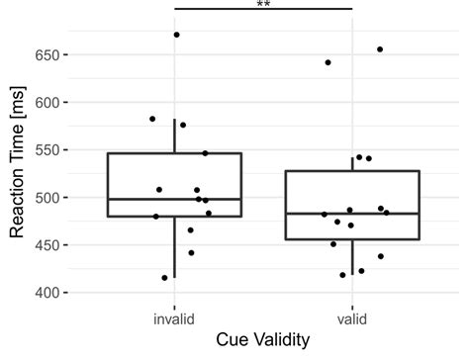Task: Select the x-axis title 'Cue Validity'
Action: (263, 340)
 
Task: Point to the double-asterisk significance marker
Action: (263, 5)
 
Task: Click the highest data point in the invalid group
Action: (177, 35)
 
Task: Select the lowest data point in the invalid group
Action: (164, 278)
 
